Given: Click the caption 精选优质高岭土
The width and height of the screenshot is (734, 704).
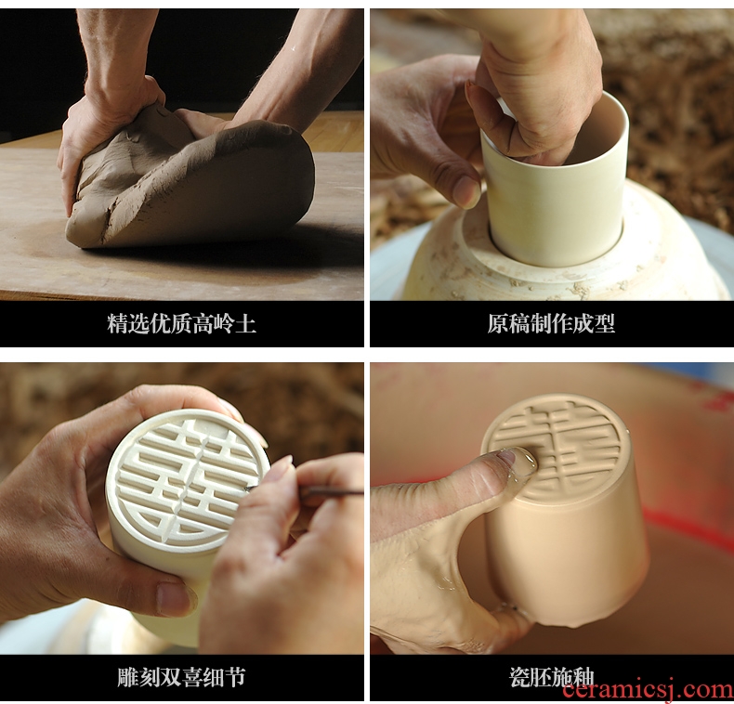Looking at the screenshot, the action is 181,324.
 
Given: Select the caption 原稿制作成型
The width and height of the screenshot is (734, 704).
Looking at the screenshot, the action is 551,323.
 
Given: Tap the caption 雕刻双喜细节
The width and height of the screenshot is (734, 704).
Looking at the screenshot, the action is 181,677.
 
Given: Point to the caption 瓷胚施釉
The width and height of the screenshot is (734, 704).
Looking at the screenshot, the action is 551,677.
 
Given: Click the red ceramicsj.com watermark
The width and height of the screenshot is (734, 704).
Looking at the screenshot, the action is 648,690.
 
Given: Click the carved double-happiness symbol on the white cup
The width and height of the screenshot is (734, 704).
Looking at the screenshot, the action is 184,482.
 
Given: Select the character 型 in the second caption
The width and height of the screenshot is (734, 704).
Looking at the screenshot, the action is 604,323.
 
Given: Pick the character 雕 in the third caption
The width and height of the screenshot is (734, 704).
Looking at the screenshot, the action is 128,677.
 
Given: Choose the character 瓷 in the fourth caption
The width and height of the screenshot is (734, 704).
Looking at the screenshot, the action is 519,677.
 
